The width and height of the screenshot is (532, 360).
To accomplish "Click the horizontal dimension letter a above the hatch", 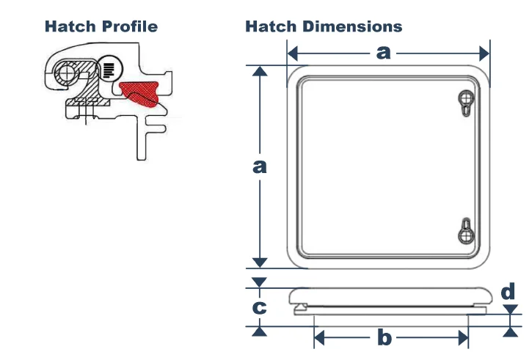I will click(384, 53).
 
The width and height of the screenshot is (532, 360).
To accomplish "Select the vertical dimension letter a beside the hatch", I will click(258, 167).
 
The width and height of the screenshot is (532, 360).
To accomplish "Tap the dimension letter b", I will click(384, 338).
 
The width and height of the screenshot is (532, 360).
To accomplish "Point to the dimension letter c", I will click(259, 307).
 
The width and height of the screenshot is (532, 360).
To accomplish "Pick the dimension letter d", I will click(509, 292).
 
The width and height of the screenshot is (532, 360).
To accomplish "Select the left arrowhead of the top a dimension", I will click(292, 53).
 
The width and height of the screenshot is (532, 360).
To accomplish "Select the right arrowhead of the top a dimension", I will click(484, 53).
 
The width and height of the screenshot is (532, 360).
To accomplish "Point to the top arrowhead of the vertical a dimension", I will click(258, 71).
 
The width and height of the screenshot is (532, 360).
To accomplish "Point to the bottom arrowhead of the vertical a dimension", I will click(258, 262).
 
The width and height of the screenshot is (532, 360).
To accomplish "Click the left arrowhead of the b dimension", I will click(318, 338).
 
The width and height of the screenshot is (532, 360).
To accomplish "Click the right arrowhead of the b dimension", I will click(463, 338).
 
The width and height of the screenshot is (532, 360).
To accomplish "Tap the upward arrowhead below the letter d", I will click(509, 331).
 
